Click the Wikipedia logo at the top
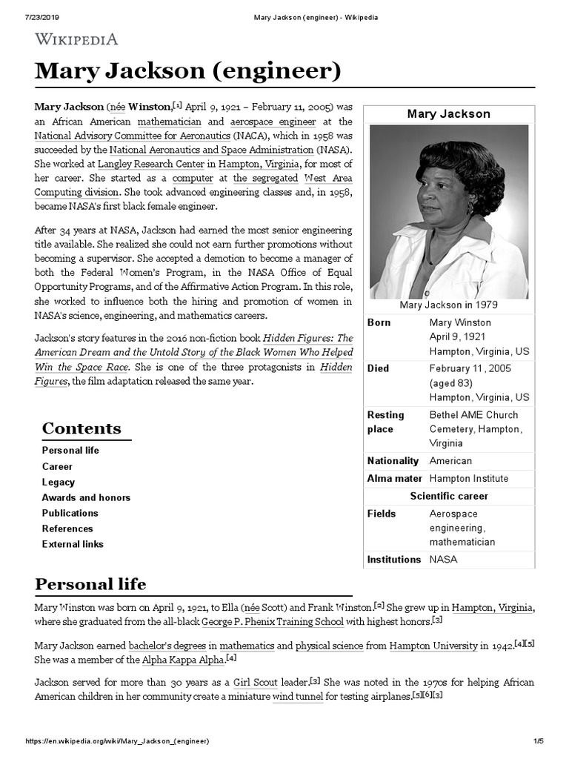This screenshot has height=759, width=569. tap(76, 39)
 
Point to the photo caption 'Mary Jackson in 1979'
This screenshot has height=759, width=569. tap(448, 305)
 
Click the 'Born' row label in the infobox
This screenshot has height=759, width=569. tap(379, 322)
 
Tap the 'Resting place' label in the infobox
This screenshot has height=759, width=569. tap(386, 422)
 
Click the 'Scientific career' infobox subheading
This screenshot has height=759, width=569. tap(449, 496)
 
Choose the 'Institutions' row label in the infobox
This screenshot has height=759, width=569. tap(393, 560)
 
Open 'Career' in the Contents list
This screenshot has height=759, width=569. tap(57, 466)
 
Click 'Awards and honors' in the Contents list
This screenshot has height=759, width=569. tap(86, 497)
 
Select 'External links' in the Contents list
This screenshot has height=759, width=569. tap(73, 544)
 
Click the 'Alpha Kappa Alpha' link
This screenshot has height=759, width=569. tap(184, 659)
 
